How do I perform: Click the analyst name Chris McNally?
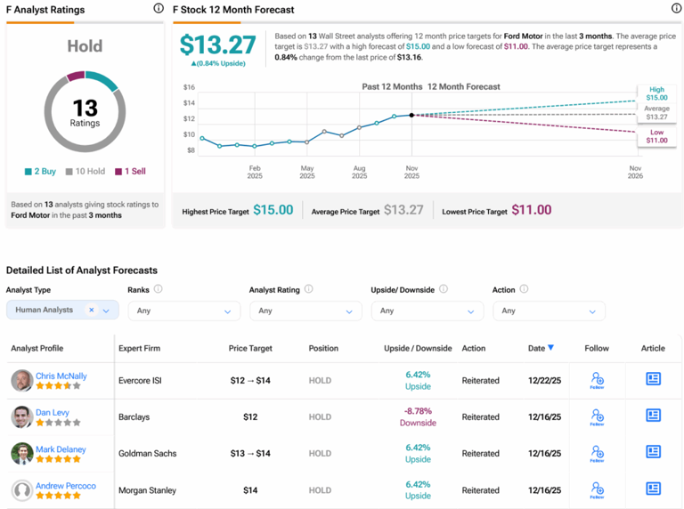point(61,376)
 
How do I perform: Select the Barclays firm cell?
point(135,416)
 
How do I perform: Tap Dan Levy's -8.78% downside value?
point(418,411)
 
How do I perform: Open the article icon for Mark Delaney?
point(653,452)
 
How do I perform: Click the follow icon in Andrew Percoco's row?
point(597,489)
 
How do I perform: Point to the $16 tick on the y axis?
point(189,87)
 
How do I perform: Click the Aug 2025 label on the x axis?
point(359,171)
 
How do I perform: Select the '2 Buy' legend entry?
point(41,171)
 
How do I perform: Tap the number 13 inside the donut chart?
point(85,108)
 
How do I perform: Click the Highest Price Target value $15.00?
point(273,210)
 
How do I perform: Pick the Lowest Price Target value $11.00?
point(531,210)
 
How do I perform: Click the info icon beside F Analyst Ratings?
point(159,8)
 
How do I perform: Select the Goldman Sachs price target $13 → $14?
point(250,453)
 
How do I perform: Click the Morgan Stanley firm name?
point(148,489)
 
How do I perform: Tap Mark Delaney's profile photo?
point(22,453)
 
